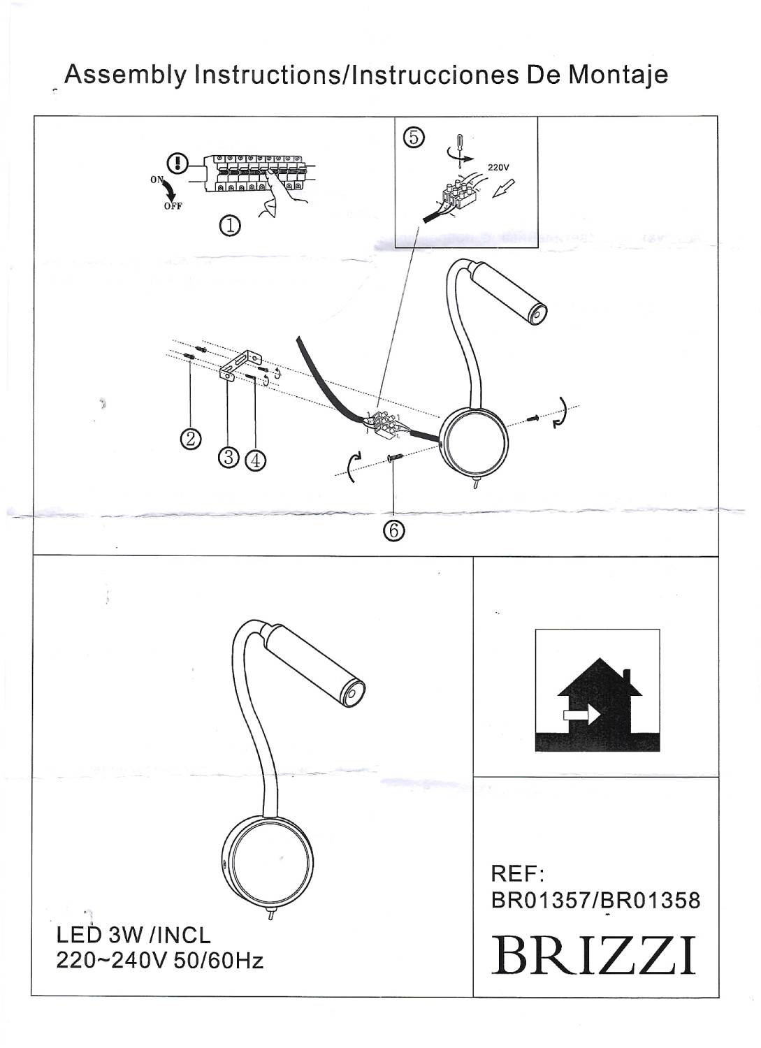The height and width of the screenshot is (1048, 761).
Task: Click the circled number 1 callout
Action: [230, 226]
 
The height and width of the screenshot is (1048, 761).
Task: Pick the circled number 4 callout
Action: [255, 460]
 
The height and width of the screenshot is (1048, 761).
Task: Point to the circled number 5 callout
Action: [414, 137]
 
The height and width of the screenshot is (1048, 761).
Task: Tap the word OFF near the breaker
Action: [173, 206]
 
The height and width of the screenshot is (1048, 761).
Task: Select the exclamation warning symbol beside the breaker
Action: [180, 163]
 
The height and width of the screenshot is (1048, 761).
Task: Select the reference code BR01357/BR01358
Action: [595, 900]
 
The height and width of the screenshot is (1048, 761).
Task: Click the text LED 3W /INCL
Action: [133, 935]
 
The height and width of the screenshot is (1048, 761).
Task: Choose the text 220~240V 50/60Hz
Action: [159, 961]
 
